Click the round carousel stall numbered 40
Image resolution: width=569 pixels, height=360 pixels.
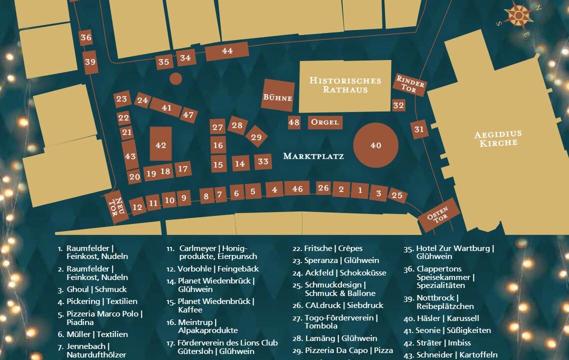pos(376,145)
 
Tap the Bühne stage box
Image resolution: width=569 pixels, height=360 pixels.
pos(278,95)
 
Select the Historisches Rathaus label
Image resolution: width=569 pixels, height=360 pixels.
pos(345,85)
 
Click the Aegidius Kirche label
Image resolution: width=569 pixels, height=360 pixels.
pos(497,138)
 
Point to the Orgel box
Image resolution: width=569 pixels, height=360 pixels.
pos(325,122)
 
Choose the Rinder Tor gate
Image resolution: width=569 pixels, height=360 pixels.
pos(410,84)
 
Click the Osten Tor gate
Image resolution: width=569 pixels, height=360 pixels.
pos(437,214)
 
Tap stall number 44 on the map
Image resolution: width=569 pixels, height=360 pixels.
pos(227,51)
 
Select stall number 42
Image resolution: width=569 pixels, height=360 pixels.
pos(160,145)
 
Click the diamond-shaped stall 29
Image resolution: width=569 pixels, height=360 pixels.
pos(256,137)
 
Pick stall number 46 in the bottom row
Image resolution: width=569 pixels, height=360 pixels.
pos(297,188)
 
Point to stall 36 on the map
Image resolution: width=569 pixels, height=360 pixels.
pos(85,37)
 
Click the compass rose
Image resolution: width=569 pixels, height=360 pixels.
pos(518,15)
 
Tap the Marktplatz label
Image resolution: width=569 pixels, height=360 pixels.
pos(313,156)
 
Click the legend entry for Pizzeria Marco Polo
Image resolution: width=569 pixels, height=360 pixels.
pos(104,318)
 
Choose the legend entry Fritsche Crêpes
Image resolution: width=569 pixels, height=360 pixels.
pos(328,248)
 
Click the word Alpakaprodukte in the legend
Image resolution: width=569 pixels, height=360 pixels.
pos(201,330)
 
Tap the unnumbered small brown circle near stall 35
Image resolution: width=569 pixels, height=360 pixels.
pos(175,78)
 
